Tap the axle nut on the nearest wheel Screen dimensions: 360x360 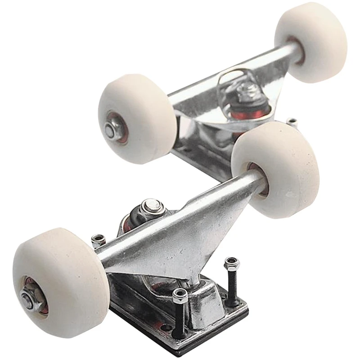pyautogui.click(x=28, y=299)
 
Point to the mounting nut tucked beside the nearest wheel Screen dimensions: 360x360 pyautogui.click(x=98, y=240)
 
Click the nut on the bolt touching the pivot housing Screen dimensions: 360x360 pyautogui.click(x=180, y=296)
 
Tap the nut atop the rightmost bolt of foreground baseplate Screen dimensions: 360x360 pyautogui.click(x=231, y=263)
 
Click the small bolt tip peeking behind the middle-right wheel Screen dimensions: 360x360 pyautogui.click(x=292, y=121)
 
